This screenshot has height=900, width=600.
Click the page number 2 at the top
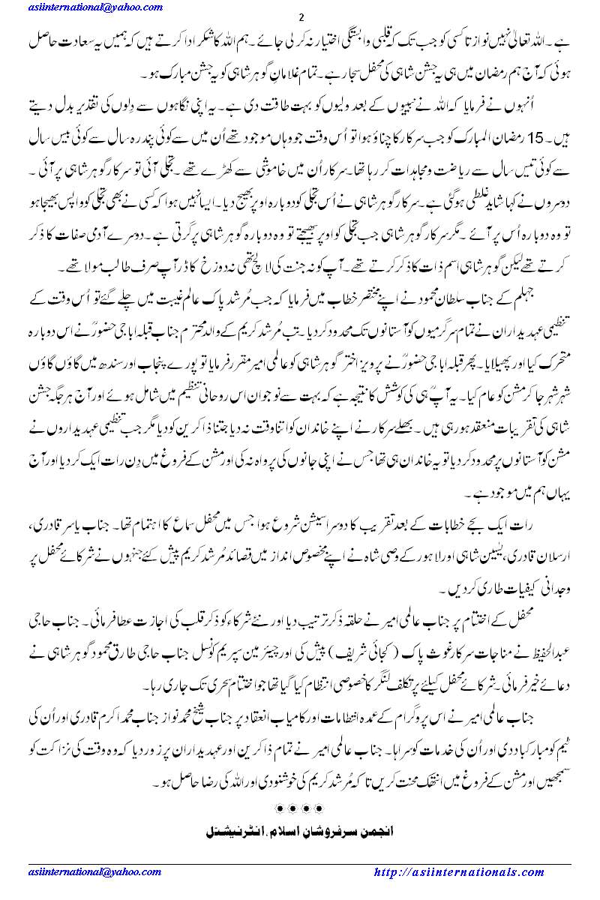click(300, 18)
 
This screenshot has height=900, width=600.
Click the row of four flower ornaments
click(300, 809)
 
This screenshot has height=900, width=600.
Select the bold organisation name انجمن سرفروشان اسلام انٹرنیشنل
click(300, 831)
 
